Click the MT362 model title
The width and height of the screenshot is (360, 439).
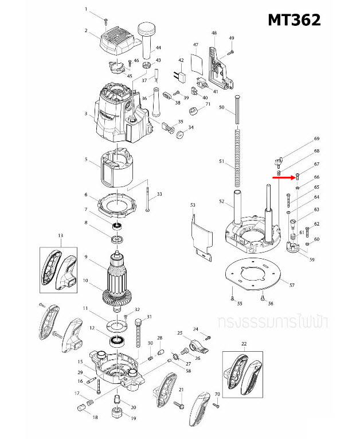[294, 20]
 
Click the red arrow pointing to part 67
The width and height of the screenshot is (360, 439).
[283, 178]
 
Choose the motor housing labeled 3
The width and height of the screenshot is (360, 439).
[118, 115]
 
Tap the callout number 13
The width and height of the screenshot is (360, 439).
[60, 235]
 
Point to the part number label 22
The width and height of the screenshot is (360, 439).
[244, 343]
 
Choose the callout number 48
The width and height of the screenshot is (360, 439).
[214, 33]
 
